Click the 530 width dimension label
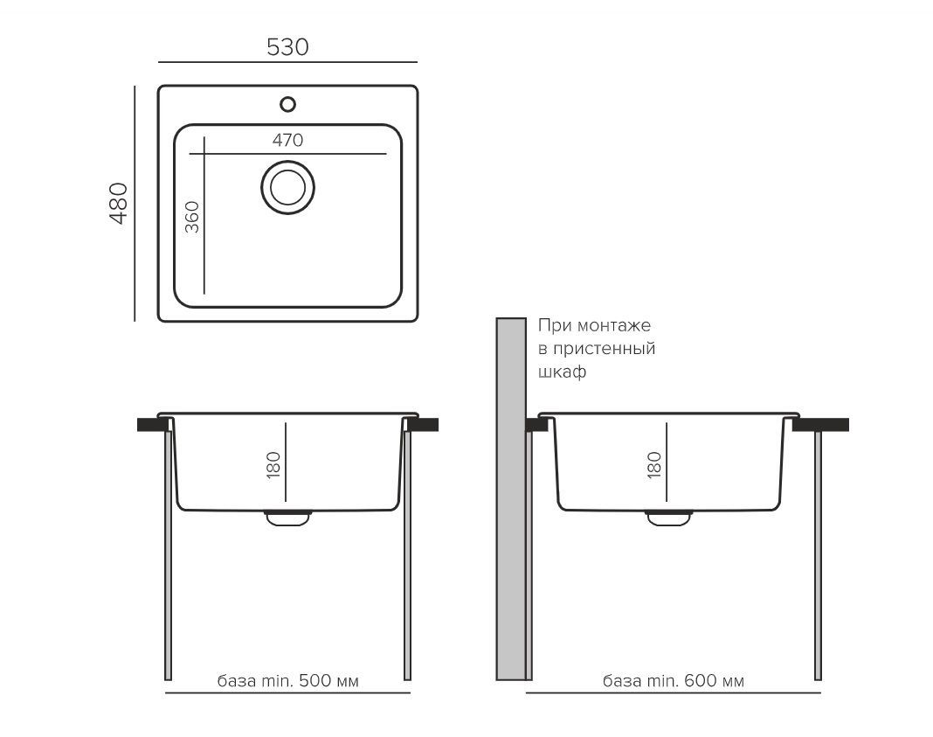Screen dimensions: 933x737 click(287, 47)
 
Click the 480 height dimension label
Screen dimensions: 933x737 click(119, 203)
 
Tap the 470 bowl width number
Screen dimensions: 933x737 click(288, 140)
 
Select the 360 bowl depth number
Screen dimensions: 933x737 click(191, 218)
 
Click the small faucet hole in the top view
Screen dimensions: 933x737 click(288, 105)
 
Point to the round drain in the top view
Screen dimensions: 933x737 click(288, 187)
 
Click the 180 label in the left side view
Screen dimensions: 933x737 click(273, 465)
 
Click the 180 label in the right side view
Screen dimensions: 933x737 click(654, 465)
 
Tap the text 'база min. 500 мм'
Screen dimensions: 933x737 click(288, 680)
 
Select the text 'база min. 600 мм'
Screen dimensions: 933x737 click(674, 680)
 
